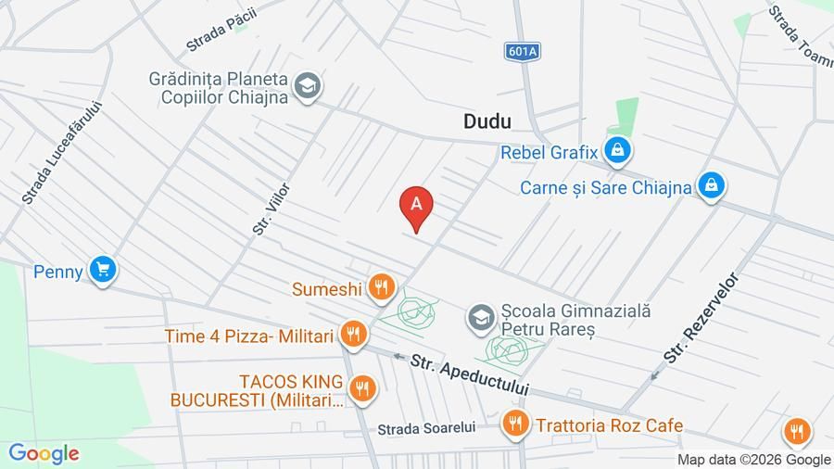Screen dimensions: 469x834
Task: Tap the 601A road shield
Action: point(523,52)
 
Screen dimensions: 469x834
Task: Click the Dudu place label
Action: point(487,121)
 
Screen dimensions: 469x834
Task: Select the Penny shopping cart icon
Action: point(103,270)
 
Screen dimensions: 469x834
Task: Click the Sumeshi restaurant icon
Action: point(380,287)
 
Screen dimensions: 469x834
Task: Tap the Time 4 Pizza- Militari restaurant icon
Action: point(352,335)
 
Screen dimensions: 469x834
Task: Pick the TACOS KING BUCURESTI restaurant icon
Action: point(362,388)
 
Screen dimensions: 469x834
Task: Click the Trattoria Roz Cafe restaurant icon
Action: point(515,425)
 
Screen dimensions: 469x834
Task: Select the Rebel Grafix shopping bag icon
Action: point(616,149)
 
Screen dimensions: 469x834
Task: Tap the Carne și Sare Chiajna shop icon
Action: point(711,186)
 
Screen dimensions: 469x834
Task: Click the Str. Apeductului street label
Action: point(470,374)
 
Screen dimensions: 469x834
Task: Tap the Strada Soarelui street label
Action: point(426,428)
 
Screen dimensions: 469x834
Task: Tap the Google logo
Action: point(44,453)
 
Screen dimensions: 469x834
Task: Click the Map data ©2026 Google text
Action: point(753,460)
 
